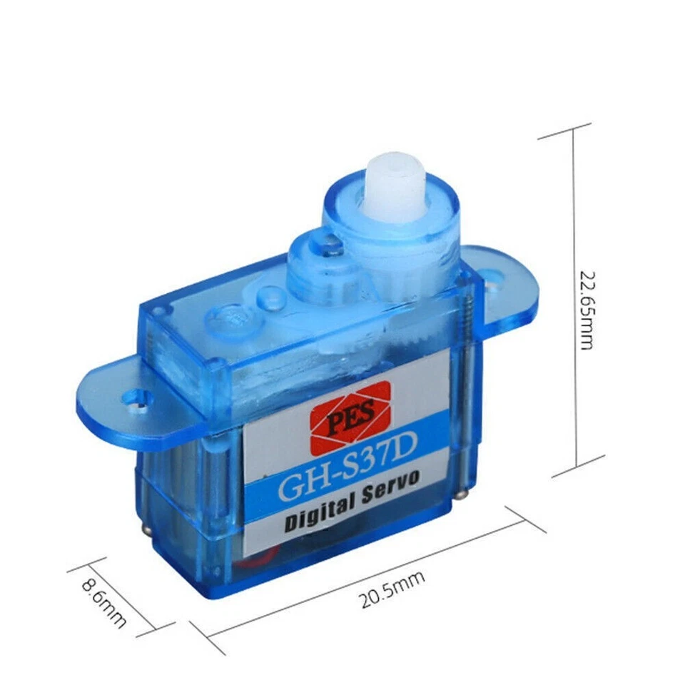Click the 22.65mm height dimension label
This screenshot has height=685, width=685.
point(586,309)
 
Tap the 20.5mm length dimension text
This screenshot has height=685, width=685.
point(392,589)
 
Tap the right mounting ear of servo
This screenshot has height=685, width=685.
point(503,285)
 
